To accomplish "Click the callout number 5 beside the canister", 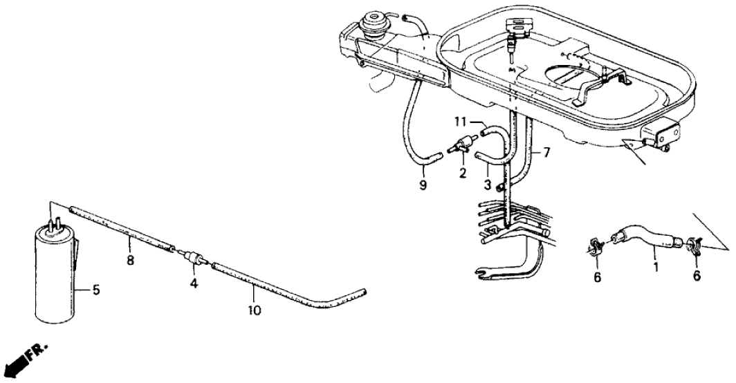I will (96, 291).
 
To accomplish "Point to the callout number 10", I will (255, 311).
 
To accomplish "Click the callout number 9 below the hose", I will (423, 186).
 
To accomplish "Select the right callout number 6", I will (697, 276).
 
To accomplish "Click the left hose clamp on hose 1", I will (596, 245).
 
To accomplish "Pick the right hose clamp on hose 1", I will (693, 245).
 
